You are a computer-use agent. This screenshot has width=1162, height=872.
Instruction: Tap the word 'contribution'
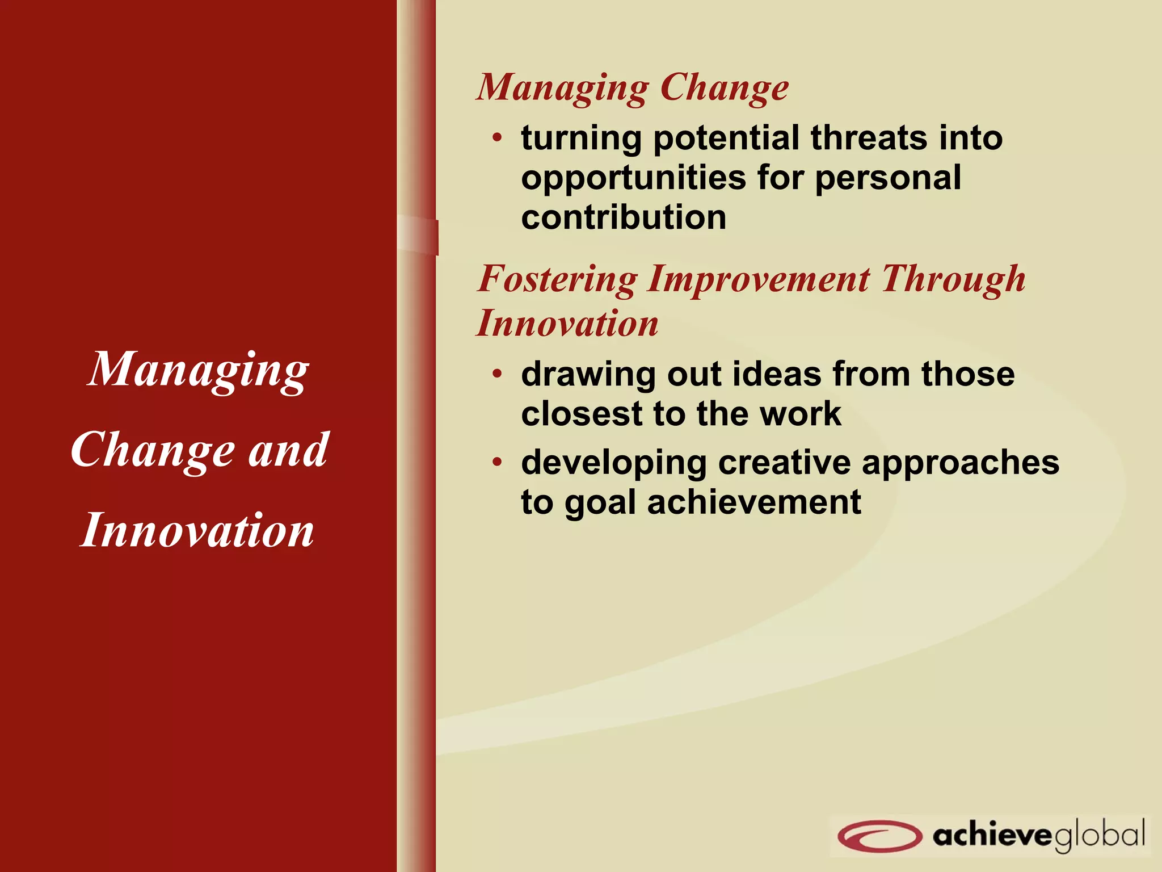coord(624,217)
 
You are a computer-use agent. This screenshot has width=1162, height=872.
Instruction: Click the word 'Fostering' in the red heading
coord(558,280)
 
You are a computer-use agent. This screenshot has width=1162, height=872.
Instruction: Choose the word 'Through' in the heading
coord(953,280)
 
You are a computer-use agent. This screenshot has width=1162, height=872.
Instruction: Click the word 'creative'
coord(784,462)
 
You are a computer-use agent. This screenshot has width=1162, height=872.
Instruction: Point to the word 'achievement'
coord(754,502)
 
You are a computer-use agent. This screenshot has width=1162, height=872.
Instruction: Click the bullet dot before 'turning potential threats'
coord(497,137)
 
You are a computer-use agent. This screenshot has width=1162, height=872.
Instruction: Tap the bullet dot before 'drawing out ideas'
coord(497,374)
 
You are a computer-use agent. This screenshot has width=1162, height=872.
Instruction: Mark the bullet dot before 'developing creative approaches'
coord(497,462)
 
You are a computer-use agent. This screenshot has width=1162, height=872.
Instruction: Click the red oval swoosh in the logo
coord(879,835)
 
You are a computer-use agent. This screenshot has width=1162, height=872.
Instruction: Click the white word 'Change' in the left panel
coord(153,451)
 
